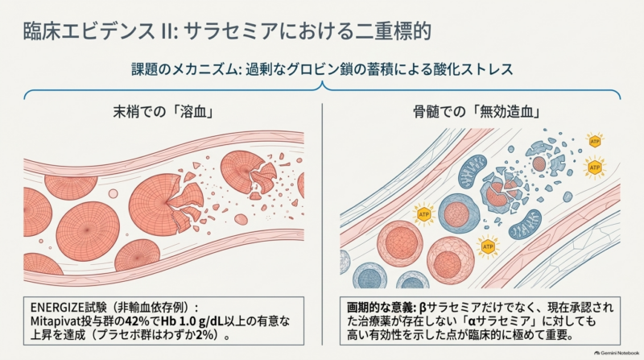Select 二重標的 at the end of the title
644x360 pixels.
point(393,31)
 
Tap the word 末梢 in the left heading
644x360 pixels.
point(126,112)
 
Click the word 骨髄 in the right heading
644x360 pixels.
point(426,112)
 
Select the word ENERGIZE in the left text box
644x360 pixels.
point(57,308)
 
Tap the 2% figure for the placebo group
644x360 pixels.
point(205,334)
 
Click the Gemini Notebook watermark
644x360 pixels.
point(617,353)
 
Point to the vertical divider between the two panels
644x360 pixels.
point(323,224)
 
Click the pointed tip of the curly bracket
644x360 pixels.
point(323,82)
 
